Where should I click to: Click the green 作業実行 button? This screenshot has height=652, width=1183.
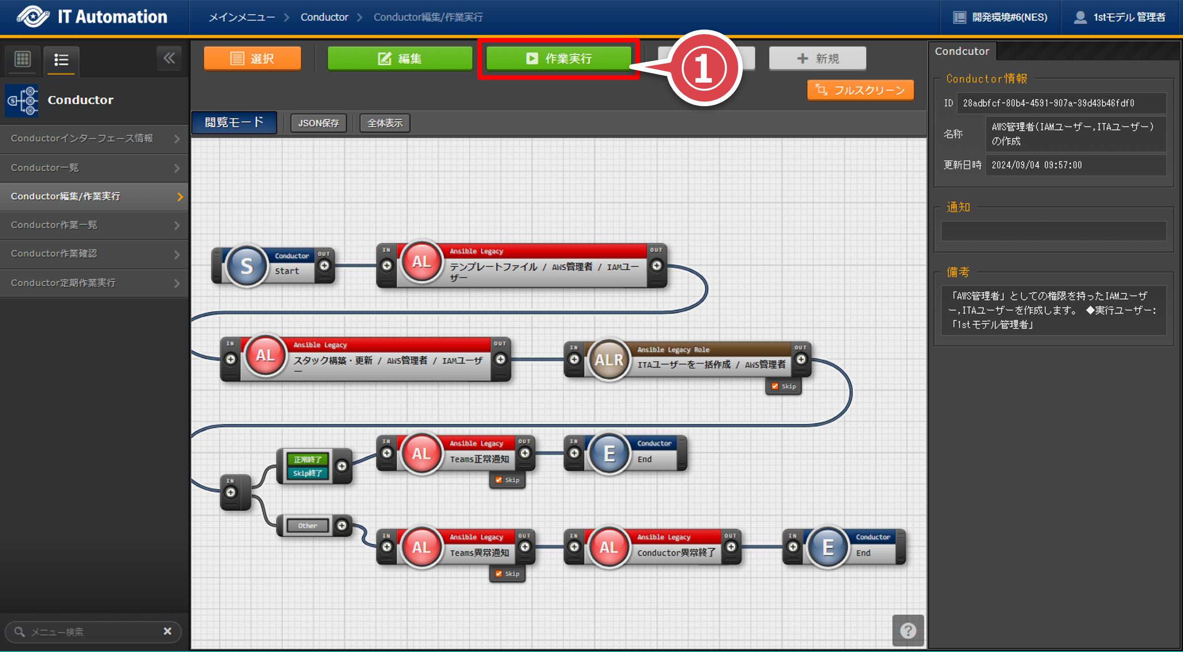tap(558, 59)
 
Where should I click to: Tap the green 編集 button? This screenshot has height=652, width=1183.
tap(400, 59)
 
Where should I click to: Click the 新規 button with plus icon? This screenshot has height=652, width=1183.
tap(817, 59)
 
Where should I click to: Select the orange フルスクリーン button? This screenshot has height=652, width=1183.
tap(860, 90)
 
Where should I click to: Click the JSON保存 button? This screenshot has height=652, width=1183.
tap(318, 123)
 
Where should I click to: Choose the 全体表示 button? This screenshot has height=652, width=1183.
tap(385, 123)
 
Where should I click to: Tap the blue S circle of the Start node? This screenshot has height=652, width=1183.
tap(247, 266)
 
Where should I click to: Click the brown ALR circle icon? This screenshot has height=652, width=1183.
tap(609, 360)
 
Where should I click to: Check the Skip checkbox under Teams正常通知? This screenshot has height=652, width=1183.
tap(499, 480)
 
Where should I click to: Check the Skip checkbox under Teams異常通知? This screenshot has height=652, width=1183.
tap(499, 574)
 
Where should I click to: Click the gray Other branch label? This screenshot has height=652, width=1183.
tap(307, 525)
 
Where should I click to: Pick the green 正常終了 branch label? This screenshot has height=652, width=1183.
tap(307, 459)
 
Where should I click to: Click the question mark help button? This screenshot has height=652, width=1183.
tap(908, 630)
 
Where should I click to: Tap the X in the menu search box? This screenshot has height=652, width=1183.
tap(167, 631)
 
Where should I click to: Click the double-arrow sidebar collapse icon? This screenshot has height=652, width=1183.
tap(169, 58)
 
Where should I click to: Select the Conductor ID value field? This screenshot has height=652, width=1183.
tap(1061, 103)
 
